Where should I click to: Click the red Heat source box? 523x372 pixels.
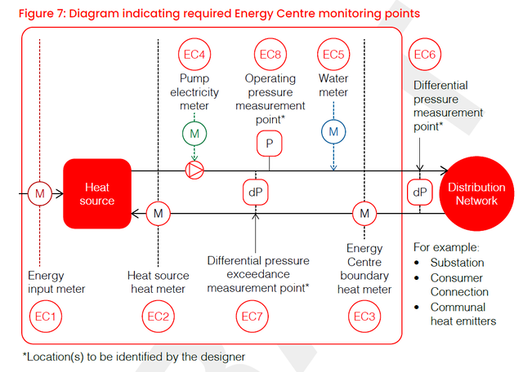pos(97,194)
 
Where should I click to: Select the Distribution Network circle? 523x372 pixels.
pos(476,194)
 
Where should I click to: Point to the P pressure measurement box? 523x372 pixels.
pos(270,144)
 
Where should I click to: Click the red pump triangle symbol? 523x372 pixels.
pos(194,170)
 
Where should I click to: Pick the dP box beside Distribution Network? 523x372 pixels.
pos(419,193)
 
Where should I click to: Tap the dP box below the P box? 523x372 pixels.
pos(256,193)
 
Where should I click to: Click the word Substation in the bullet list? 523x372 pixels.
pos(457,263)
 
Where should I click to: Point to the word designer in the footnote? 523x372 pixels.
pos(222,357)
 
